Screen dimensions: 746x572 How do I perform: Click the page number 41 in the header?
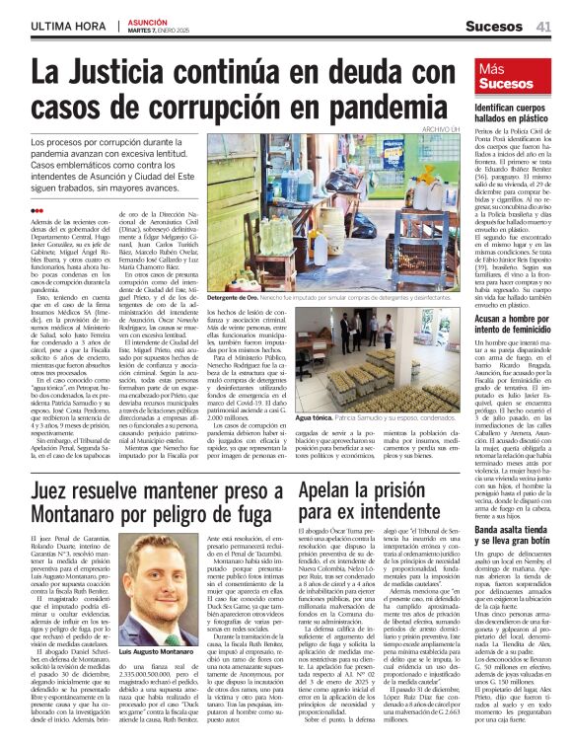click(542, 26)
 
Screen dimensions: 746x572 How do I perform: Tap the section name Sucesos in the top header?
click(494, 27)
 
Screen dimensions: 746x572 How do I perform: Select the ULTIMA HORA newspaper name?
click(67, 25)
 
